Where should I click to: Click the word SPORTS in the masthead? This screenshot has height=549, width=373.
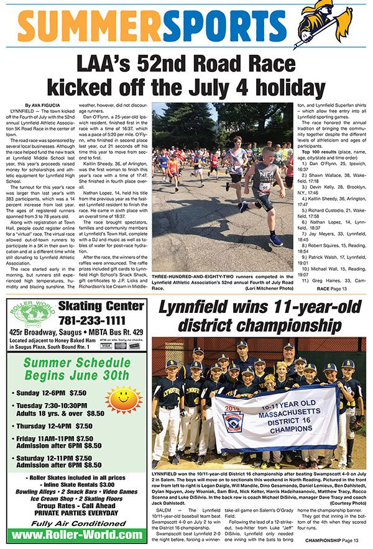[x=226, y=29]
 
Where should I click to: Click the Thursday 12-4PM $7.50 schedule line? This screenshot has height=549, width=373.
[x=54, y=426]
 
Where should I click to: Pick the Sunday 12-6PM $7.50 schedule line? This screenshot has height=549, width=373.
[x=50, y=393]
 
